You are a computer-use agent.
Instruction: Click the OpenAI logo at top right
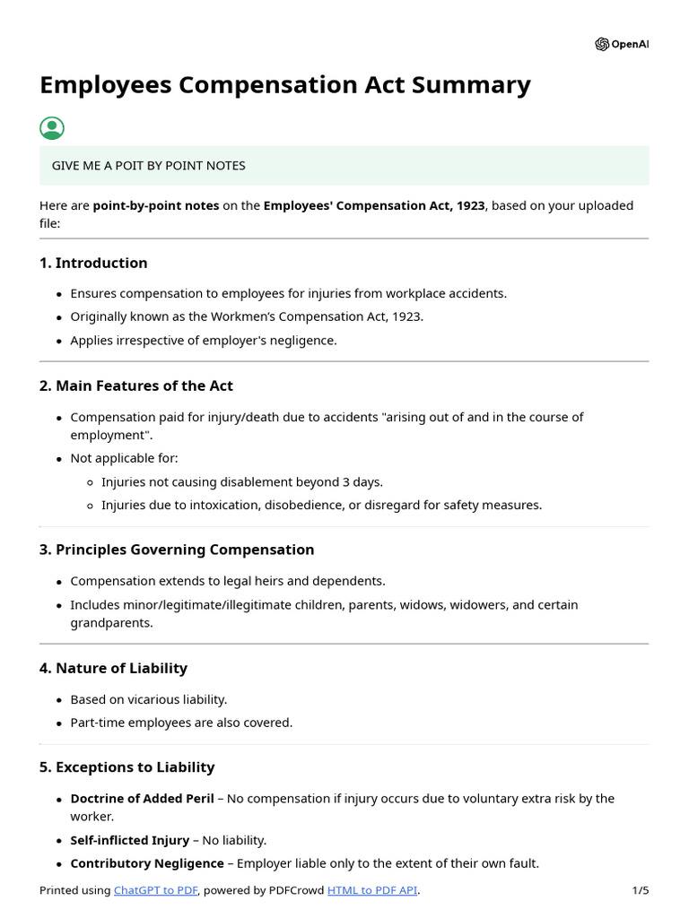pyautogui.click(x=621, y=45)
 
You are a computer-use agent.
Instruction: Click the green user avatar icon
pyautogui.click(x=52, y=128)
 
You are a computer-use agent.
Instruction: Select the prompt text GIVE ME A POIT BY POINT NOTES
pyautogui.click(x=148, y=166)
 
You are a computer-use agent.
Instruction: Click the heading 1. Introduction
pyautogui.click(x=93, y=263)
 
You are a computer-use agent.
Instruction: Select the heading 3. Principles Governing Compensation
pyautogui.click(x=177, y=550)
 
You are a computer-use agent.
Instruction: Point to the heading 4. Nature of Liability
pyautogui.click(x=113, y=668)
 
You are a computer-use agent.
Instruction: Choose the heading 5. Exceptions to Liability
pyautogui.click(x=126, y=767)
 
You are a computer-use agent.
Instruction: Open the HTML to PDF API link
pyautogui.click(x=372, y=890)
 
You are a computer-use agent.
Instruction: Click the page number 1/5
pyautogui.click(x=640, y=890)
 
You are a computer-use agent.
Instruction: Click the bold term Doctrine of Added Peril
pyautogui.click(x=142, y=798)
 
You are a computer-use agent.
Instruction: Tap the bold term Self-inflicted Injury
pyautogui.click(x=129, y=840)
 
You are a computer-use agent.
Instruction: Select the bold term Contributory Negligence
pyautogui.click(x=147, y=863)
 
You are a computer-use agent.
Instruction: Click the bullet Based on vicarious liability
pyautogui.click(x=149, y=699)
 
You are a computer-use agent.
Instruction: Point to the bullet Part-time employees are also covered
pyautogui.click(x=181, y=723)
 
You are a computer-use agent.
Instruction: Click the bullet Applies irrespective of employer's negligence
pyautogui.click(x=204, y=341)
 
